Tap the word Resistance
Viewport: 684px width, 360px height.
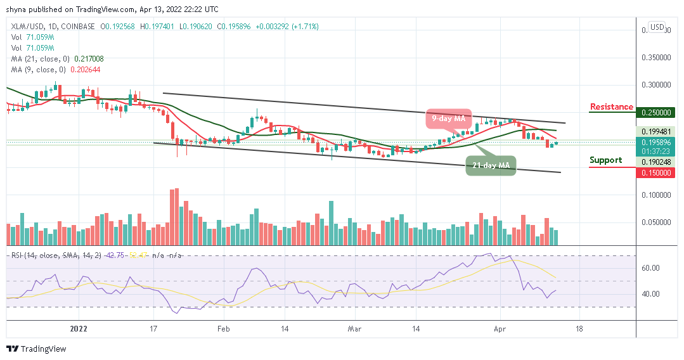coord(611,106)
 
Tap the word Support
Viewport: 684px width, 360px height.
coord(605,160)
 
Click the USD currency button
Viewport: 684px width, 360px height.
coord(657,27)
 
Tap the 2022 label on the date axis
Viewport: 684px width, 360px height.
coord(79,329)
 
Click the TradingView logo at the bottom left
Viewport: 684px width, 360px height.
coord(36,349)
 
